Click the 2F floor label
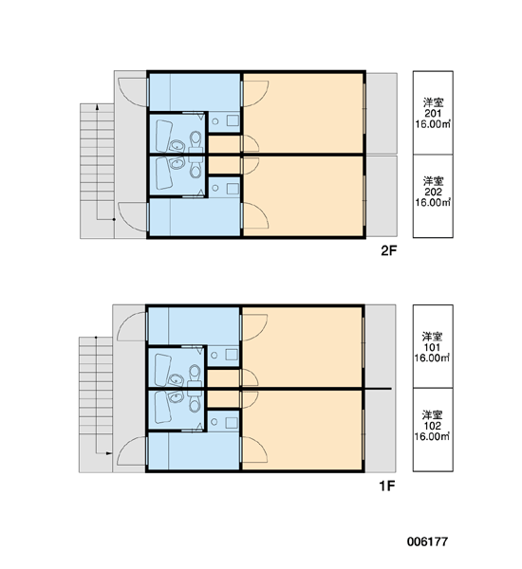(x=389, y=250)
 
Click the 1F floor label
(x=387, y=486)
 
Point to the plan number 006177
(x=427, y=541)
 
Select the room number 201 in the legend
(x=433, y=113)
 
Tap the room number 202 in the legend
(x=433, y=192)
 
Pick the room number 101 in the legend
(x=432, y=347)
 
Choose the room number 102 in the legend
(x=432, y=426)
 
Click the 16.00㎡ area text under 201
(x=433, y=124)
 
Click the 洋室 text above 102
(x=432, y=414)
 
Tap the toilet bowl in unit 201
(x=196, y=139)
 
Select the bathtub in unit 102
(x=163, y=407)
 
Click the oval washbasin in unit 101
(x=176, y=379)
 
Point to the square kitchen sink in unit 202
(x=233, y=188)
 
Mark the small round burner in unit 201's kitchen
(x=215, y=120)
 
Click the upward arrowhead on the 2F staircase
(x=97, y=106)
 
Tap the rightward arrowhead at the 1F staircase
(x=108, y=453)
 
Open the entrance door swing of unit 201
(x=133, y=93)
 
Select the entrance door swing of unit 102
(x=132, y=450)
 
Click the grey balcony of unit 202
(x=382, y=196)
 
